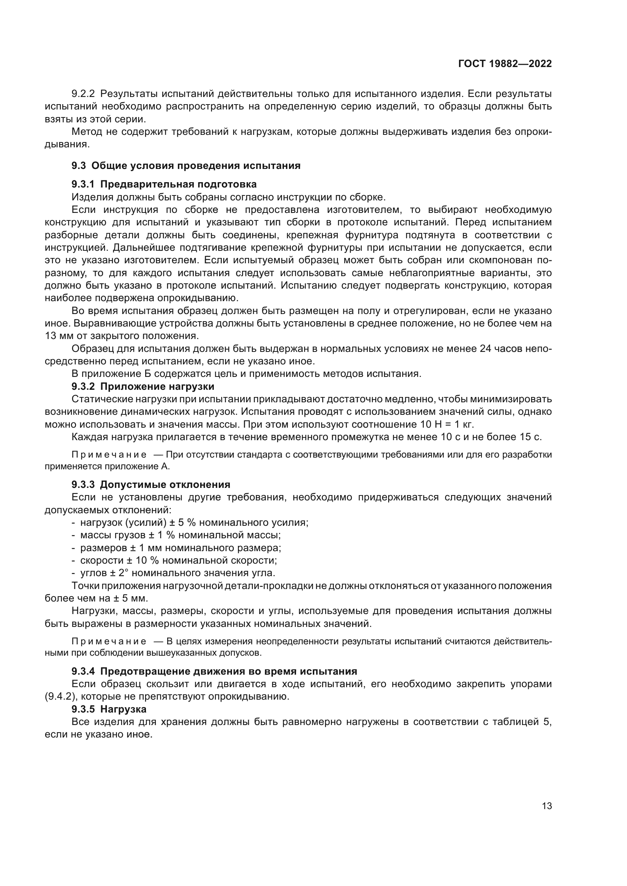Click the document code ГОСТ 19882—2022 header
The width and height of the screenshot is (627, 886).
point(505,64)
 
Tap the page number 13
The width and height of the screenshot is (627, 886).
point(547,806)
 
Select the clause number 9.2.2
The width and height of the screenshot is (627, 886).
point(83,94)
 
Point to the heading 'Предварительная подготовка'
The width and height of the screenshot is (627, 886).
point(179,184)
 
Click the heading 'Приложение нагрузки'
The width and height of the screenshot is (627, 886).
point(157,386)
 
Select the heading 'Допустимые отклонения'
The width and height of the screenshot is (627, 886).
point(165,485)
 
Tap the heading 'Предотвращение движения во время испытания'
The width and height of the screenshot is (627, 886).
point(229,672)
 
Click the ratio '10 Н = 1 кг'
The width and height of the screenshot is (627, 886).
point(446,425)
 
